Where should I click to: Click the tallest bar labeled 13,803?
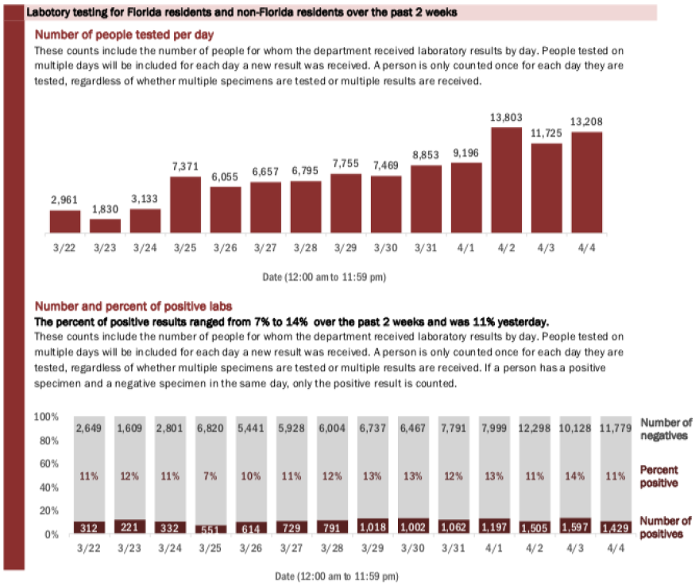(x=506, y=180)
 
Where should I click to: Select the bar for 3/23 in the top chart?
(x=105, y=226)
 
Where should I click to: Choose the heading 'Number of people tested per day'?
(x=123, y=35)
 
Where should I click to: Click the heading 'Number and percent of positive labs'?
(x=132, y=306)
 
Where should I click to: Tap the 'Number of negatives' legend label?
(x=666, y=429)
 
